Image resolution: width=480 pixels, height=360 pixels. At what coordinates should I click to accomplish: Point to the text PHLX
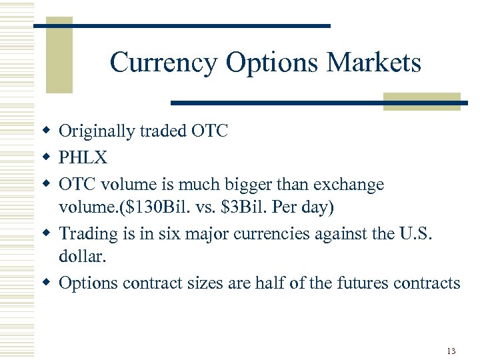click(x=82, y=157)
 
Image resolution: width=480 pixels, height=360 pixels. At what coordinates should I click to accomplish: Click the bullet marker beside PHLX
click(x=47, y=158)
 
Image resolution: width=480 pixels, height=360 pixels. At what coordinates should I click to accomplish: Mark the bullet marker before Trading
click(x=47, y=234)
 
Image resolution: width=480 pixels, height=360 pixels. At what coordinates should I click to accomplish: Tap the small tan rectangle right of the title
click(x=422, y=101)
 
